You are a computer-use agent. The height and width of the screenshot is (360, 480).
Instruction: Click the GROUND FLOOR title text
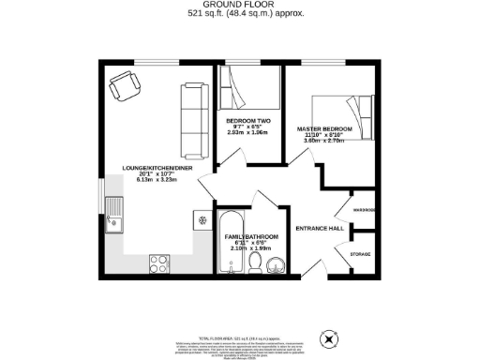pos(240,6)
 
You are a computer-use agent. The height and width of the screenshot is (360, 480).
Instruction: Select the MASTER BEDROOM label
pos(324,128)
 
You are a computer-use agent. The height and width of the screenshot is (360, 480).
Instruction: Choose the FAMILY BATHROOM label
pos(251,236)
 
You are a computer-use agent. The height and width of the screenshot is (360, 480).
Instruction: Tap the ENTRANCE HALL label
pos(319,230)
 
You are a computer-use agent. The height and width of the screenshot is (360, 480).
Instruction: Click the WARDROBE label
pos(364,210)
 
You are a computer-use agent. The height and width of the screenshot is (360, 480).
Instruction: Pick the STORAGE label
pos(360,255)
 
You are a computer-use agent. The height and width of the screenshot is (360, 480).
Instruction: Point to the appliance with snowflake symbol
pos(199,219)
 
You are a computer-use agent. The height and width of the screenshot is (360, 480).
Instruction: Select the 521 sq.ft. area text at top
pos(240,15)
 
